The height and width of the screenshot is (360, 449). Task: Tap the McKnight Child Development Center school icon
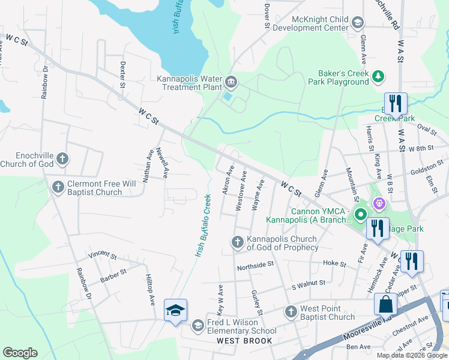(357, 23)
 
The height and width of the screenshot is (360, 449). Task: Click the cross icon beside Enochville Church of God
(62, 159)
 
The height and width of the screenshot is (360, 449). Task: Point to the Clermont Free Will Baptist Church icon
(58, 187)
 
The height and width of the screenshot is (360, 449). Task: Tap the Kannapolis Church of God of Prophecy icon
(237, 242)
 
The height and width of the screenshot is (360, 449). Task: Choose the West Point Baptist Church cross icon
(291, 311)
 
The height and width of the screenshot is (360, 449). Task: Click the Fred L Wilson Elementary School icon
(197, 325)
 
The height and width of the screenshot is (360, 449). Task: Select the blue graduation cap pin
(175, 310)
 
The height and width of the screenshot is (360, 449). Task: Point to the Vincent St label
(101, 256)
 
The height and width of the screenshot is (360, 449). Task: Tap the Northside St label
(255, 264)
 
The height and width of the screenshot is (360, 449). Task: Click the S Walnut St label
(308, 283)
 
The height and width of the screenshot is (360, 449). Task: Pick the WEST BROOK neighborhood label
(245, 341)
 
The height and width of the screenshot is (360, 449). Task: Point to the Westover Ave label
(241, 191)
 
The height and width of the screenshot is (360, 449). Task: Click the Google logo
(20, 353)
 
